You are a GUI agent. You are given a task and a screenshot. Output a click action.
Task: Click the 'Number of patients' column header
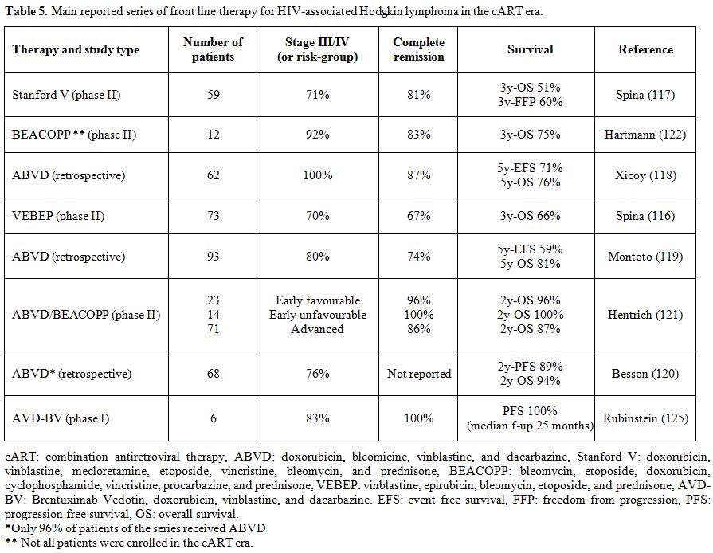(213, 49)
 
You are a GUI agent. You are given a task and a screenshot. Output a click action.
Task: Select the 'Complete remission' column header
(418, 49)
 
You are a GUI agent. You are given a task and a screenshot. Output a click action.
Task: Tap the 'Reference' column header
(645, 49)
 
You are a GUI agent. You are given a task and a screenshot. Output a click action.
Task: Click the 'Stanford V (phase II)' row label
(66, 95)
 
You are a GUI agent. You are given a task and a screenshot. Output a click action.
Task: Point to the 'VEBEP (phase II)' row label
(58, 216)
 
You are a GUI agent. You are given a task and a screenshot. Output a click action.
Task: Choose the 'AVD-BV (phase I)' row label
(61, 418)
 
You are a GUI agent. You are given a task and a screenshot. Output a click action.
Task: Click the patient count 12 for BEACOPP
(214, 135)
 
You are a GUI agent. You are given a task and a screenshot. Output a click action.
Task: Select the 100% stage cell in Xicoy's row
(318, 175)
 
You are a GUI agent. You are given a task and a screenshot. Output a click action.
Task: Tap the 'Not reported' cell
(419, 374)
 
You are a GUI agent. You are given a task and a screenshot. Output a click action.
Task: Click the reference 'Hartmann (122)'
(645, 135)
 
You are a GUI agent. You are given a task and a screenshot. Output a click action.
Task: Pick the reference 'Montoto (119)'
(645, 257)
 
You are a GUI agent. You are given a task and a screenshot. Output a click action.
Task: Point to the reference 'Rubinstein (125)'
(645, 418)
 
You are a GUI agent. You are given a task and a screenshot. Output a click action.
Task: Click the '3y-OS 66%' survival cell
(531, 216)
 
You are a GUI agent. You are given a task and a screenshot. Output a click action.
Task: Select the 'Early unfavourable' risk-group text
(318, 314)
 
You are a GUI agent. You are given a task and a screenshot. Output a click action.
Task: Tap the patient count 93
(214, 257)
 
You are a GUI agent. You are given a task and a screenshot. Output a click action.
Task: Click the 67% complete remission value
(419, 216)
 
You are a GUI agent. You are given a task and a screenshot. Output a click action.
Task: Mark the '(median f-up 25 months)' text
(531, 426)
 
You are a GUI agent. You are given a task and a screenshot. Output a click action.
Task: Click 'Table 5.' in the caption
(26, 11)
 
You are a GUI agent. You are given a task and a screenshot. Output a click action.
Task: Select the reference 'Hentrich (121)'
(645, 314)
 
